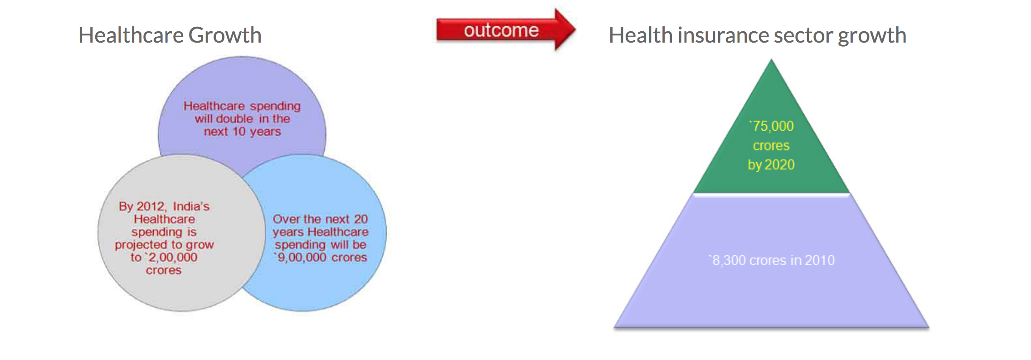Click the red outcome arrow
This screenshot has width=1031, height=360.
point(506,30)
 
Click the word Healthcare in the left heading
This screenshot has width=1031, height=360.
point(131,35)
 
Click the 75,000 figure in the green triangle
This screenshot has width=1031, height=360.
point(772,126)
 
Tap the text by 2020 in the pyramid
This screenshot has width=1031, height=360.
point(771,165)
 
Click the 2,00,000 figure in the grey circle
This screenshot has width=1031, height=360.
point(172,258)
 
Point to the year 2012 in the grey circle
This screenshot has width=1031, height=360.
point(151,207)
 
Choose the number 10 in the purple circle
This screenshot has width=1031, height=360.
point(239,132)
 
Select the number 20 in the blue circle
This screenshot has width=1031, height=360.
point(361,219)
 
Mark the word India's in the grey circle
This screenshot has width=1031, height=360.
point(191,207)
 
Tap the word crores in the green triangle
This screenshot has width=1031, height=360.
point(771,146)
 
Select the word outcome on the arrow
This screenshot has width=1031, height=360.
point(501,30)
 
